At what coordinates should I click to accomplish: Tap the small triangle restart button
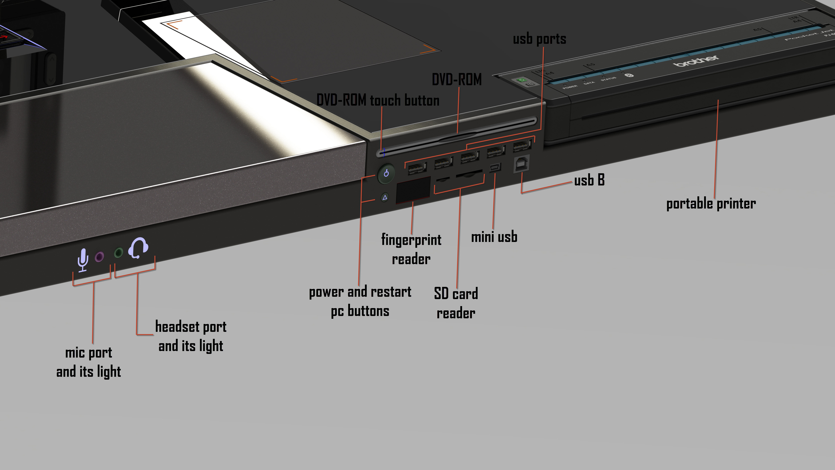click(385, 197)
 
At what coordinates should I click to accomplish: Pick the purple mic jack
click(99, 257)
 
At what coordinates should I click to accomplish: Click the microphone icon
click(83, 259)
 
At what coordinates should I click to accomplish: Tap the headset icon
click(138, 248)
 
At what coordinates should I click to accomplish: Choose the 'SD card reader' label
click(456, 303)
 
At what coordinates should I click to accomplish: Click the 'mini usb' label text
click(494, 237)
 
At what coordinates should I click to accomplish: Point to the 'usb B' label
click(589, 180)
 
